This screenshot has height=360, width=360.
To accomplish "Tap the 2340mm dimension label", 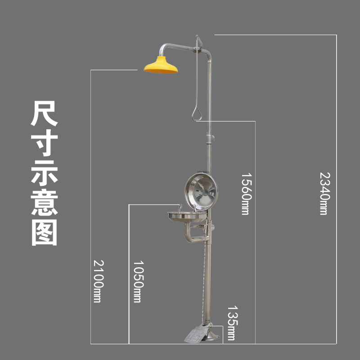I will tap(324, 193).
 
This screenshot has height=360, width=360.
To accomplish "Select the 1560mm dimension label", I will tap(245, 193).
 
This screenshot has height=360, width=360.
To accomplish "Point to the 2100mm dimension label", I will tap(97, 281).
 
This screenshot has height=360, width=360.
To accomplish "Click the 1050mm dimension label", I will tap(137, 281).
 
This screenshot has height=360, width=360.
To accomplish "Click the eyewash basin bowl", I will tap(184, 217).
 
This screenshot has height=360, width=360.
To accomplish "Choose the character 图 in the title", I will tap(44, 231).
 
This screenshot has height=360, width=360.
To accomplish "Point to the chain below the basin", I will tap(207, 279).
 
